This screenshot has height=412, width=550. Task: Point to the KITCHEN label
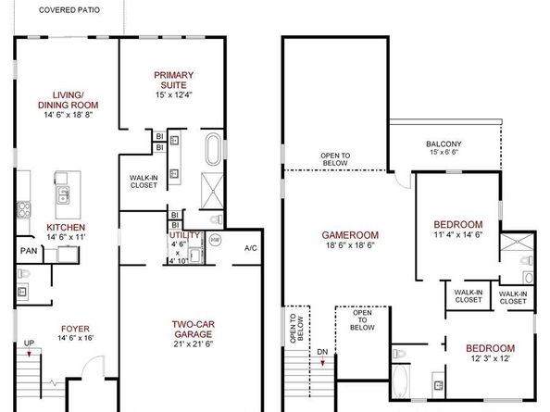coord(67,227)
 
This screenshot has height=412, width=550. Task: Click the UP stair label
coord(29,343)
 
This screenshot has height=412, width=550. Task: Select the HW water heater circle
coord(215,240)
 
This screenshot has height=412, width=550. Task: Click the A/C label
coord(249,248)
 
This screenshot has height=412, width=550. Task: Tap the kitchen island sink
coord(64,195)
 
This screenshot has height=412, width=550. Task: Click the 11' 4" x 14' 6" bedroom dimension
coord(457,236)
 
